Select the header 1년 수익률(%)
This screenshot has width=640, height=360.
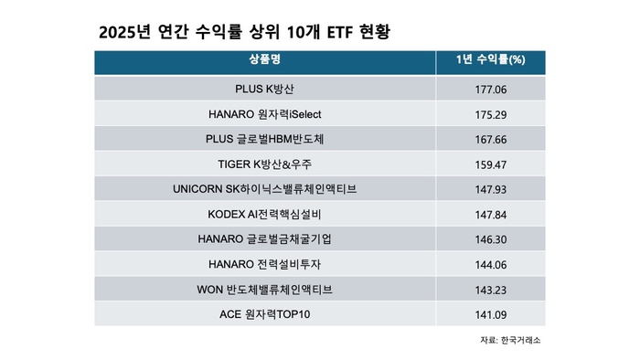489,63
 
